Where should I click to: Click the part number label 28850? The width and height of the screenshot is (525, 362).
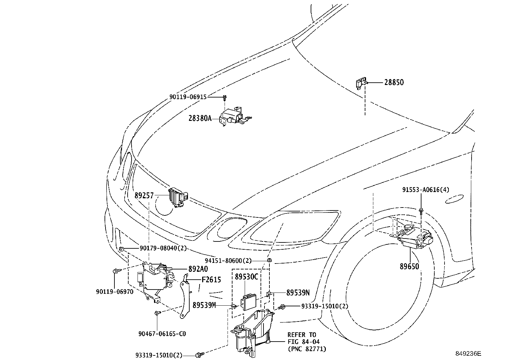[x=394, y=82]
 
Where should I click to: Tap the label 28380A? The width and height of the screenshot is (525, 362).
[x=200, y=118]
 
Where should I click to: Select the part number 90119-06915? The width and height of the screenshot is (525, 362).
[x=188, y=97]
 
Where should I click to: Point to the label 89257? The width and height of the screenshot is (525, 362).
[x=144, y=196]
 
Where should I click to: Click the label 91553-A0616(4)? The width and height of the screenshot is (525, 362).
[x=425, y=190]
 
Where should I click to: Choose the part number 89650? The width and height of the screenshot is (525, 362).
[x=409, y=266]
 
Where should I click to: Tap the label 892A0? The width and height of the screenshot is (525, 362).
[x=198, y=269]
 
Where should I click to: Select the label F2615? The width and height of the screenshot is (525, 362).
[x=211, y=280]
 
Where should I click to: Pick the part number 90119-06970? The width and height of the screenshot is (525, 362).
[x=115, y=292]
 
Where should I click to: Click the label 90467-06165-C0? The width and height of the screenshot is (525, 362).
[x=162, y=334]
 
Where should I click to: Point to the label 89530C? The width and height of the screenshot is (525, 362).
[x=246, y=277]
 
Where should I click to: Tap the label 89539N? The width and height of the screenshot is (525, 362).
[x=298, y=292]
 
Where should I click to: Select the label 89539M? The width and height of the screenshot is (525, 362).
[x=204, y=305]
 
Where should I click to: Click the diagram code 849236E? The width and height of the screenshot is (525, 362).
[x=468, y=354]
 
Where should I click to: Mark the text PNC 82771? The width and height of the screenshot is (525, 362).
[x=307, y=348]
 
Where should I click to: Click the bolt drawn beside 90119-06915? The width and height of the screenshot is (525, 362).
[x=225, y=97]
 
